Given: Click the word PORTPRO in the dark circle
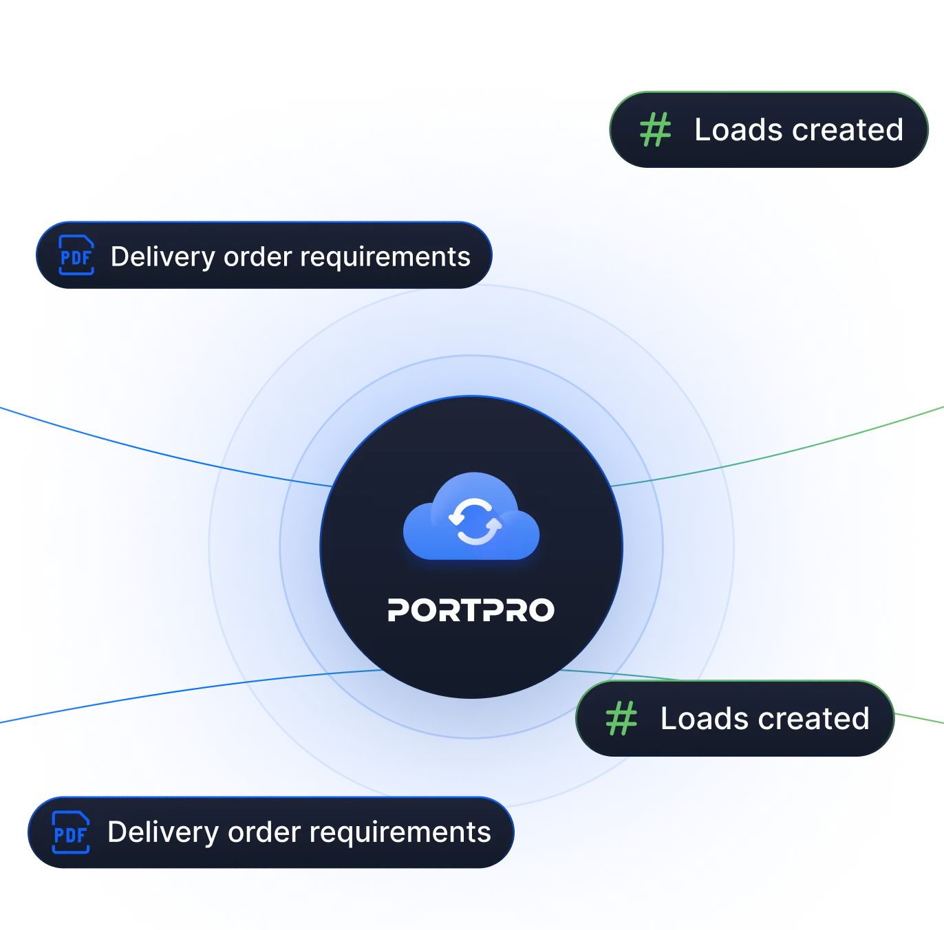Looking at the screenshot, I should point(471,610).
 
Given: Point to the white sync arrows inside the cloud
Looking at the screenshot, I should point(475,521).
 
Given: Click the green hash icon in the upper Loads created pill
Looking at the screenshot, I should point(655,129).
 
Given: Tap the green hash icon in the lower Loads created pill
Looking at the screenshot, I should point(621,718).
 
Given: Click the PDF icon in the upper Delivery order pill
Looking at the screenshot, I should point(76,256).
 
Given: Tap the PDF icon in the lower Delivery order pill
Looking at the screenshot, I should point(71,832).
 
